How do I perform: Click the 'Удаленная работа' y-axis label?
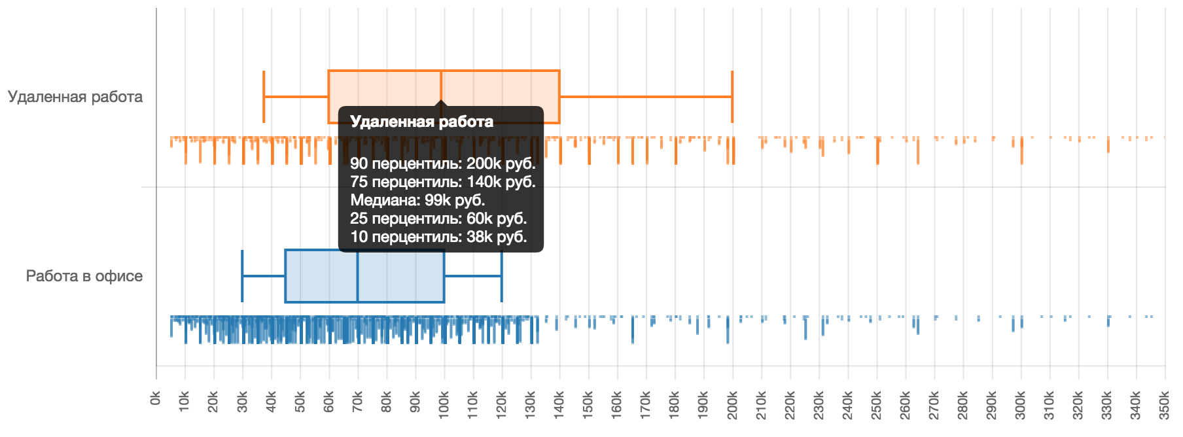[x=75, y=97]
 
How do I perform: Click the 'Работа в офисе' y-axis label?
[x=84, y=276]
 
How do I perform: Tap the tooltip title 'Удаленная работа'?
[x=421, y=122]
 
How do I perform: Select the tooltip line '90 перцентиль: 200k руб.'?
[x=442, y=164]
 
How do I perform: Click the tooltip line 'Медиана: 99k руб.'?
[x=417, y=200]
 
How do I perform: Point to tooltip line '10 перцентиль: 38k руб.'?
[x=438, y=237]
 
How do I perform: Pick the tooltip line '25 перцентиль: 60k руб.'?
[x=438, y=218]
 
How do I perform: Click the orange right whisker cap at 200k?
[x=732, y=97]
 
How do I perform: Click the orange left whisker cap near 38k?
[x=264, y=97]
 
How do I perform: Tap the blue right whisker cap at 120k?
[x=502, y=276]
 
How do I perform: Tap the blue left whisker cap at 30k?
[x=242, y=276]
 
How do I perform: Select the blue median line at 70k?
[x=358, y=276]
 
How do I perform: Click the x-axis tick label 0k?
[x=156, y=398]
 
